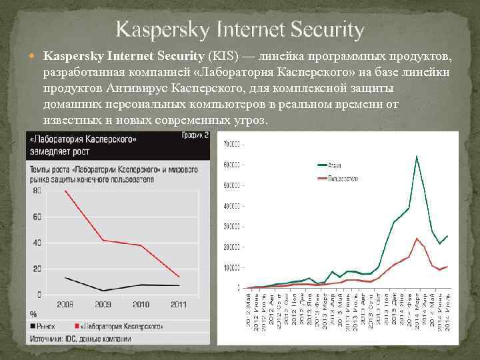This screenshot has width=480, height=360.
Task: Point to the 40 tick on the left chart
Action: coord(36,242)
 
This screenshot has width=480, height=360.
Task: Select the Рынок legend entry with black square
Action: coord(47,326)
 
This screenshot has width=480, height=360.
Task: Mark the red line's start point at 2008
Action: coord(65,191)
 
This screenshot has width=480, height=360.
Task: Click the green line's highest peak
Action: coord(417,156)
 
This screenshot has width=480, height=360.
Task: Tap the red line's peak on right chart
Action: coord(417,238)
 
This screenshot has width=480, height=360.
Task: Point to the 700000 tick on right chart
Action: coord(232,144)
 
